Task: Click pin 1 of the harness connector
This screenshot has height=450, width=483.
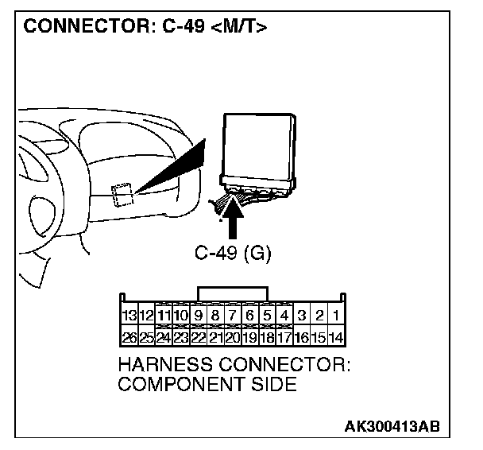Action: pos(337,316)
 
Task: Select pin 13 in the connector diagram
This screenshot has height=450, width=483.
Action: pos(127,316)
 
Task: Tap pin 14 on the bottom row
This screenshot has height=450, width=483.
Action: pos(337,337)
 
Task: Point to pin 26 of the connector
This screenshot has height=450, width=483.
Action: pos(127,337)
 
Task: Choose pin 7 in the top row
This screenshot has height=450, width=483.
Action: pos(232,316)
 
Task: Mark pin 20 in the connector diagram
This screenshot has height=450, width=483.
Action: pos(232,337)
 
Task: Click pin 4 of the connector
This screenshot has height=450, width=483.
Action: pos(284,316)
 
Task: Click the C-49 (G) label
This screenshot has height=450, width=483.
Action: pos(232,254)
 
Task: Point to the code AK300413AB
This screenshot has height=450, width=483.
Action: pos(404,426)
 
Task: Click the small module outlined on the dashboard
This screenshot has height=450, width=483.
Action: pos(122,193)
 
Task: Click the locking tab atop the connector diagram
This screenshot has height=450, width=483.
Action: pos(233,293)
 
